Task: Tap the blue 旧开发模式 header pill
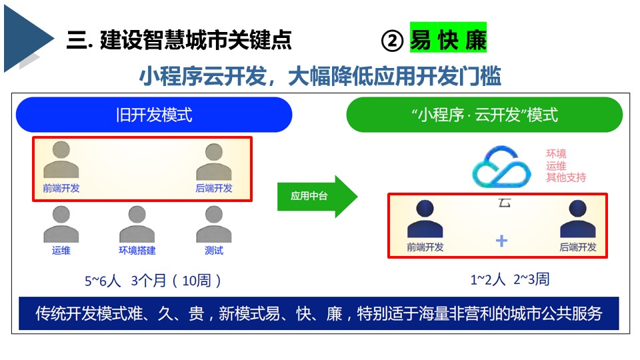click(x=154, y=115)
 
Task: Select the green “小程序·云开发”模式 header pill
click(x=484, y=115)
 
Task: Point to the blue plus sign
click(x=501, y=241)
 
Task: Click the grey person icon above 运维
click(x=61, y=224)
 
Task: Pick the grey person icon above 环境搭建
click(x=137, y=224)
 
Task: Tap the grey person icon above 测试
click(x=213, y=224)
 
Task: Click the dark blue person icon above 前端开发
click(x=425, y=219)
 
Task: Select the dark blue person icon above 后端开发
click(x=577, y=219)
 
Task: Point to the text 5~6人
click(x=103, y=281)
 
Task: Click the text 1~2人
click(x=488, y=279)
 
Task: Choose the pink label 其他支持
click(x=566, y=177)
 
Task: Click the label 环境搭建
click(x=137, y=251)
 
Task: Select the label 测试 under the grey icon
click(x=214, y=251)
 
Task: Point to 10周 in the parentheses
click(x=196, y=281)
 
